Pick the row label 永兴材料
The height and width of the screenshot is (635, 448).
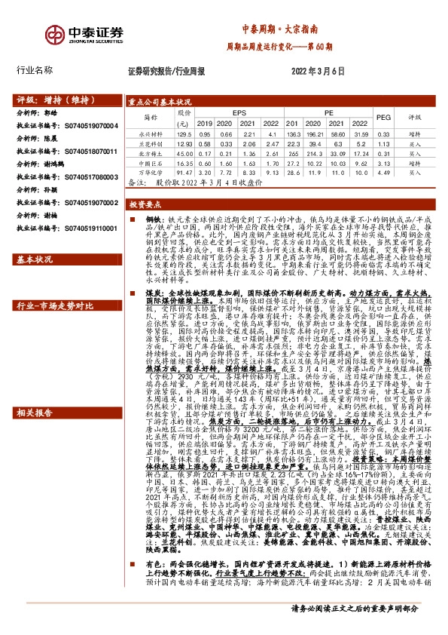coord(146,133)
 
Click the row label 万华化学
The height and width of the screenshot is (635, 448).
coord(146,172)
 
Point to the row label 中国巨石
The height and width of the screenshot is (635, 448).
coord(146,162)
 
